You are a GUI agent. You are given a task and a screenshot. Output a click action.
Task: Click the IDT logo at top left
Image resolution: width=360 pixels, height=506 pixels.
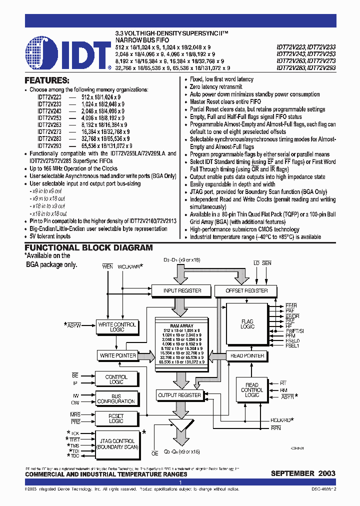[68, 52]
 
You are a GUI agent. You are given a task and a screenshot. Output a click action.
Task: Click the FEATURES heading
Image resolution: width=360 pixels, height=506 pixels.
[46, 80]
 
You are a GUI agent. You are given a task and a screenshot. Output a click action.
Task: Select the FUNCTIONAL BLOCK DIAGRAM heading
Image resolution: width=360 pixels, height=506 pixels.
[89, 247]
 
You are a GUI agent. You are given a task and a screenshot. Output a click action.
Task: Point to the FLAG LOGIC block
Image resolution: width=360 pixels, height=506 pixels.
[247, 324]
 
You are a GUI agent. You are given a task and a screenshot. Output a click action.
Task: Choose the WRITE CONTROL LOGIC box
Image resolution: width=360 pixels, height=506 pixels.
[116, 327]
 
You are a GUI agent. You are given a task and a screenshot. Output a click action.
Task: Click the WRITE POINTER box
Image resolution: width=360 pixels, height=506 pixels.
[118, 355]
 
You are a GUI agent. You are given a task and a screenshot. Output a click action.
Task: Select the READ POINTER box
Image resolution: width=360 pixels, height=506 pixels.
[247, 356]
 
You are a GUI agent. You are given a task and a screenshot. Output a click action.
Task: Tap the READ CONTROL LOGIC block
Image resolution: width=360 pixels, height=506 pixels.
[251, 390]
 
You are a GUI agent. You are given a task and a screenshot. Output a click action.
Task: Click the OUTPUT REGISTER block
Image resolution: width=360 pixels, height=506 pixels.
[179, 395]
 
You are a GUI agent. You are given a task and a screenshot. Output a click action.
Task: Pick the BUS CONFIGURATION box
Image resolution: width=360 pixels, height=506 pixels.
[116, 398]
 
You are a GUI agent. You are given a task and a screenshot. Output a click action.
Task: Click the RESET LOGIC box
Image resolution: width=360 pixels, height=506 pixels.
[116, 418]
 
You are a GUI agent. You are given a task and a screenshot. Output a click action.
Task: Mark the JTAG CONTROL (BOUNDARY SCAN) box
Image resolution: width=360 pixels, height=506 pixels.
[117, 444]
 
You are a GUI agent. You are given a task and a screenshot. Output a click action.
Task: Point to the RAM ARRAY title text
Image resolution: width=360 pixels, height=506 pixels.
[181, 326]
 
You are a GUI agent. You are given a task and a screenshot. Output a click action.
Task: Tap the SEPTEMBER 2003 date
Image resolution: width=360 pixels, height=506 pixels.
[303, 473]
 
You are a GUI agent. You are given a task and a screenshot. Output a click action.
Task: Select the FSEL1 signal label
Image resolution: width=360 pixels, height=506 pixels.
[291, 345]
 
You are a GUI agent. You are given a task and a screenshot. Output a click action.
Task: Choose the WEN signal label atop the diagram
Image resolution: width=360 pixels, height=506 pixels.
[107, 266]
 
